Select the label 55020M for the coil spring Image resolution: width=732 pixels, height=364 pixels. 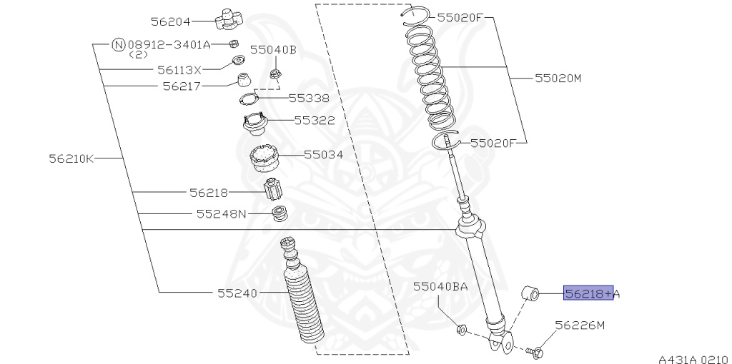(558, 78)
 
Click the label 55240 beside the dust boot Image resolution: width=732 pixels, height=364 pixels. (237, 293)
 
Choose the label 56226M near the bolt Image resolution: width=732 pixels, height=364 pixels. (580, 325)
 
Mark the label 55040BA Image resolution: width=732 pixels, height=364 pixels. (440, 286)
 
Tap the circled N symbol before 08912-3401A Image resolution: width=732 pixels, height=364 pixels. (119, 44)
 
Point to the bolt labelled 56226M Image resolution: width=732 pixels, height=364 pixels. (535, 351)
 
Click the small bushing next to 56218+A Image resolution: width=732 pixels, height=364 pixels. (531, 293)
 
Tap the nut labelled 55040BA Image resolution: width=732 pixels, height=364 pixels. (461, 330)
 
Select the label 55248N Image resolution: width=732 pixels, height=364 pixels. (221, 213)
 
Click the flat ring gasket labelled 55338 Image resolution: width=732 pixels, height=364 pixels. (247, 98)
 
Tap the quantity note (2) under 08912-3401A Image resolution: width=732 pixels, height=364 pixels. (139, 54)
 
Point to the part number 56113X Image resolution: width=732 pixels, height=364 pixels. (179, 70)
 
